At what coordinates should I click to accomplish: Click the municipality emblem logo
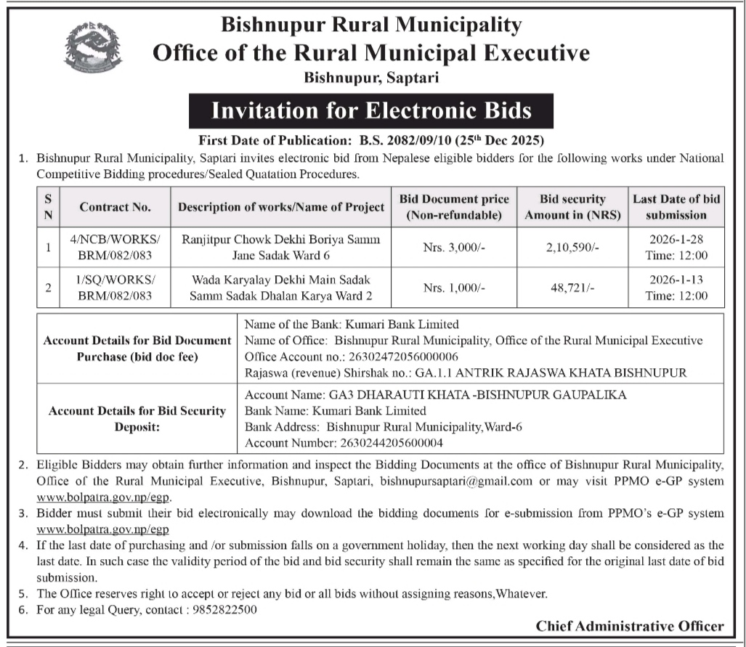[x=93, y=47]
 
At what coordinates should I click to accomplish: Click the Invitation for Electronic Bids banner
[x=371, y=111]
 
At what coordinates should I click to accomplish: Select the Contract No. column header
[x=115, y=207]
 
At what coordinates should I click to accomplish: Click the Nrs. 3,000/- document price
[x=454, y=248]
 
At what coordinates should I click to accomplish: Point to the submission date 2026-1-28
[x=677, y=239]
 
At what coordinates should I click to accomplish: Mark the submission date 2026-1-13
[x=677, y=280]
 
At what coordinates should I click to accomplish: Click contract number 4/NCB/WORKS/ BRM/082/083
[x=115, y=247]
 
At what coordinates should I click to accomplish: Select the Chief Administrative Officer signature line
[x=630, y=626]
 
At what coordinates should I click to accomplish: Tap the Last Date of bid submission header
[x=676, y=207]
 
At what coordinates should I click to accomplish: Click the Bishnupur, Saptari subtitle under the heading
[x=371, y=76]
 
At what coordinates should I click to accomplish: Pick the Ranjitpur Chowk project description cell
[x=281, y=247]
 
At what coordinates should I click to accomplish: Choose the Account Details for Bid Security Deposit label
[x=137, y=418]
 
